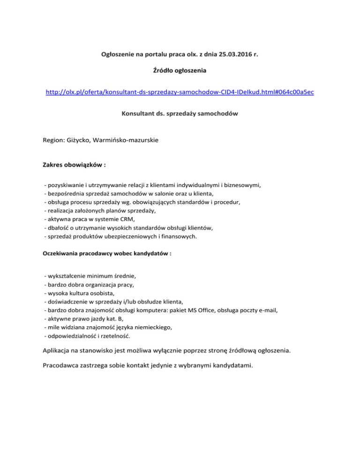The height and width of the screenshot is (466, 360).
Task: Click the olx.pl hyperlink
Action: tap(180, 92)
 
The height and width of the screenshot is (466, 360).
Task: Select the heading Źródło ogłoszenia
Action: tap(180, 71)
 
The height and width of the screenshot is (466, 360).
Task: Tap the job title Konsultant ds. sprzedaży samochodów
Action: tap(180, 113)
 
